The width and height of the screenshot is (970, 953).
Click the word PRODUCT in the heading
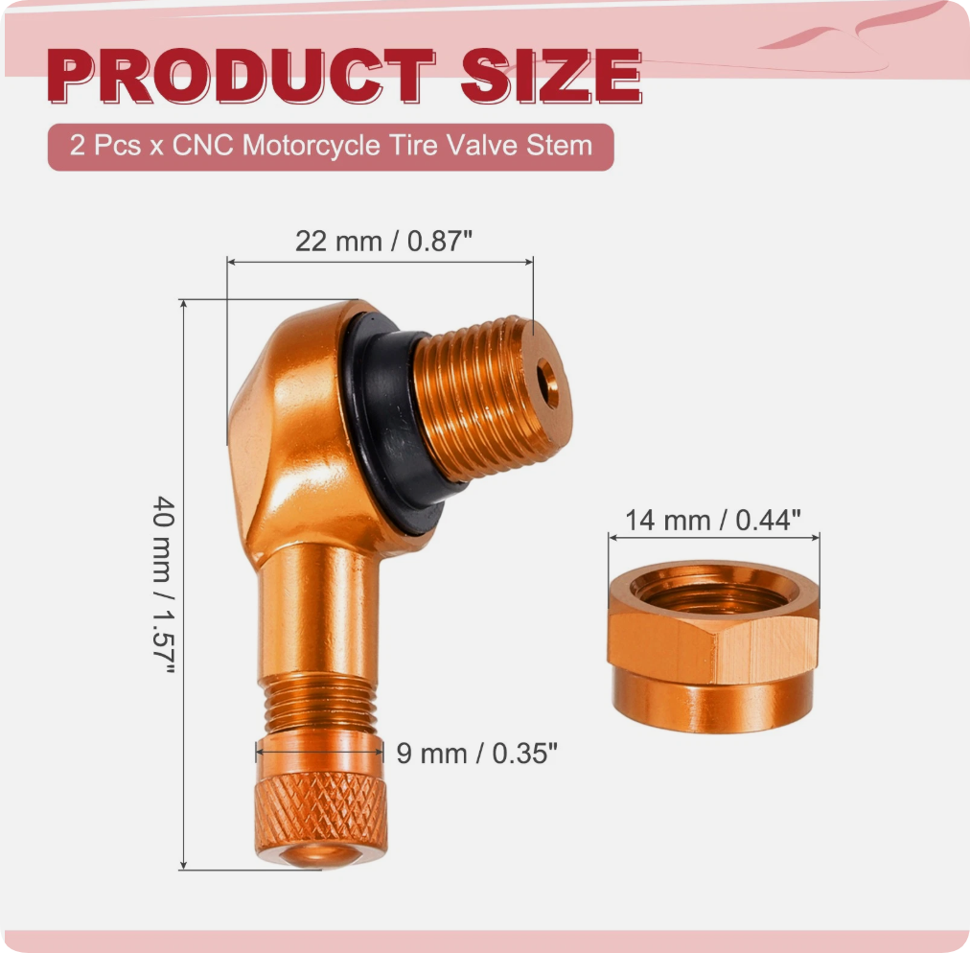[x=242, y=76]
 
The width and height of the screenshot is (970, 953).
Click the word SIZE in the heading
[x=551, y=76]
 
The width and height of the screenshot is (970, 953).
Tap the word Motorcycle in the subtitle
[x=311, y=146]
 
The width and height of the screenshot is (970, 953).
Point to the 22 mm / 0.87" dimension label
[x=383, y=241]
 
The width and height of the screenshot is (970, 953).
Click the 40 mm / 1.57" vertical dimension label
[x=165, y=585]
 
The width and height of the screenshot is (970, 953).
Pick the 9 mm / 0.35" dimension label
[x=477, y=754]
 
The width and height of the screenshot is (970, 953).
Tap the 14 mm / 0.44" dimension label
[x=713, y=520]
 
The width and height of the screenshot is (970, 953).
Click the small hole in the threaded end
[x=547, y=383]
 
